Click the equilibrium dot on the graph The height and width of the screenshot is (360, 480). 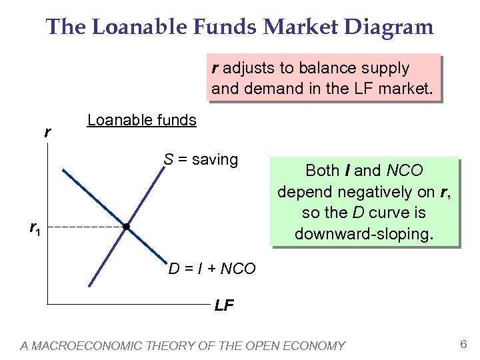click(x=126, y=227)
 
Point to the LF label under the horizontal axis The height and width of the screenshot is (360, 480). click(x=224, y=306)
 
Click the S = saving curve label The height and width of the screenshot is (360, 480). click(x=201, y=160)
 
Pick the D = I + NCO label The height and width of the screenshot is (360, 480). click(x=212, y=269)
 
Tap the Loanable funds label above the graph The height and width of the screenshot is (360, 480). click(x=142, y=121)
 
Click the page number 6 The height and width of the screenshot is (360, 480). click(x=463, y=343)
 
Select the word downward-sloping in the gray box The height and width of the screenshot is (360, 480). click(x=364, y=235)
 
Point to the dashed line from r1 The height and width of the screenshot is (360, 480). click(x=83, y=227)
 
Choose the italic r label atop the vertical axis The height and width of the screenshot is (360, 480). click(x=47, y=133)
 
